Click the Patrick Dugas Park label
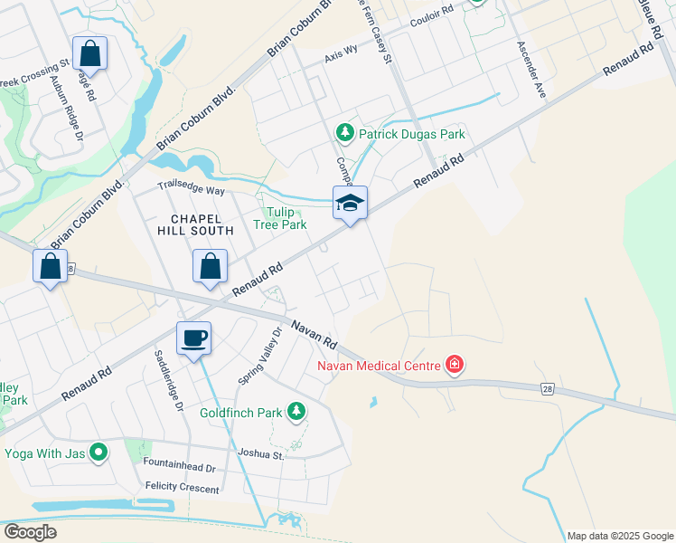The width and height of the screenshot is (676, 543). click(x=411, y=134)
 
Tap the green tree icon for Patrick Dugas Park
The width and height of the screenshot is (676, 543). click(x=344, y=134)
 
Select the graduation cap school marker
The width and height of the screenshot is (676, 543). click(x=350, y=204)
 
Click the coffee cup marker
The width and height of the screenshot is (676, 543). click(x=193, y=339)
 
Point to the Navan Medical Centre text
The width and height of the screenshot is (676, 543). click(x=378, y=366)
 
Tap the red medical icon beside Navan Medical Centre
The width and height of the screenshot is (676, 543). click(x=455, y=366)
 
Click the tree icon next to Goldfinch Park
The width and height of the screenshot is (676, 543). click(x=296, y=413)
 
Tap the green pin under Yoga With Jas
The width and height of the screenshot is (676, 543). click(x=99, y=452)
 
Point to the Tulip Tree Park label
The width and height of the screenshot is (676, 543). click(x=279, y=218)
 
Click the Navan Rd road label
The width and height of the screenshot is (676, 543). click(x=313, y=334)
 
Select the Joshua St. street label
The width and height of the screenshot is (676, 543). click(x=261, y=453)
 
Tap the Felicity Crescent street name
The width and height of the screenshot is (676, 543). click(x=182, y=489)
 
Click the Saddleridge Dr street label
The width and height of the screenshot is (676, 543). click(x=168, y=382)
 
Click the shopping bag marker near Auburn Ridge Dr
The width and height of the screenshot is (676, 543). click(x=89, y=54)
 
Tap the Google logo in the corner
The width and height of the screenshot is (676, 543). click(x=30, y=532)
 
